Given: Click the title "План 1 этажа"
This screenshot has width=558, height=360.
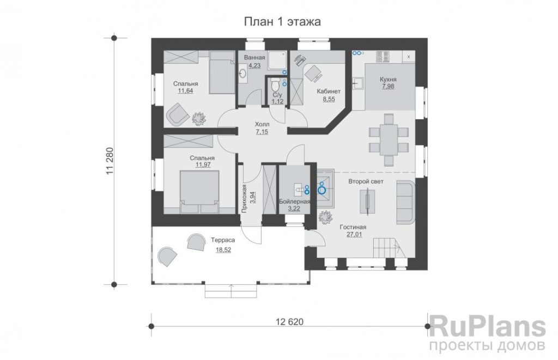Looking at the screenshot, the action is (x=282, y=22).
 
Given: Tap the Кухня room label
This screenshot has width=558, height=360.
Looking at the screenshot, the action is (x=388, y=80).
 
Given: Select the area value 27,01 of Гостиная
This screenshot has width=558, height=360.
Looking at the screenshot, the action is (x=354, y=234).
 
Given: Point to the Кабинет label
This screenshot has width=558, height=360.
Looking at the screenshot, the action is (x=329, y=91).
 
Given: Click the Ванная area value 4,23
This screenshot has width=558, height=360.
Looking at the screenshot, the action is (x=254, y=65).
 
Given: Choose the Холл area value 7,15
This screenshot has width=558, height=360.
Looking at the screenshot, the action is (x=262, y=132).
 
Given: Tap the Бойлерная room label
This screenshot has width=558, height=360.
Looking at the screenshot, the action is (x=294, y=202).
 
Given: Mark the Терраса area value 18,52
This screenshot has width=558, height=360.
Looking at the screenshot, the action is (x=223, y=250).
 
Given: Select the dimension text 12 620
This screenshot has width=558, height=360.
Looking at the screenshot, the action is (x=290, y=322).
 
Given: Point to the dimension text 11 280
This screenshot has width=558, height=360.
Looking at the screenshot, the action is (x=109, y=161).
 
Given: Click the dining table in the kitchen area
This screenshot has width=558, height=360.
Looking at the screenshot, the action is (x=389, y=140).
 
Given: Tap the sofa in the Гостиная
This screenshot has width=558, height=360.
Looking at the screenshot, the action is (x=405, y=202).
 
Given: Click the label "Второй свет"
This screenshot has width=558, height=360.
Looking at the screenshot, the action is (x=366, y=182).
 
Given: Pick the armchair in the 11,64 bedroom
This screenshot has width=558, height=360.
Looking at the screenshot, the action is (x=177, y=114).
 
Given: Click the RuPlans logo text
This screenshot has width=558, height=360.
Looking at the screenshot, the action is (x=487, y=327).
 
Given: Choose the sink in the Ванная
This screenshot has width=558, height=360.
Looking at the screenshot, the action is (x=242, y=74).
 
